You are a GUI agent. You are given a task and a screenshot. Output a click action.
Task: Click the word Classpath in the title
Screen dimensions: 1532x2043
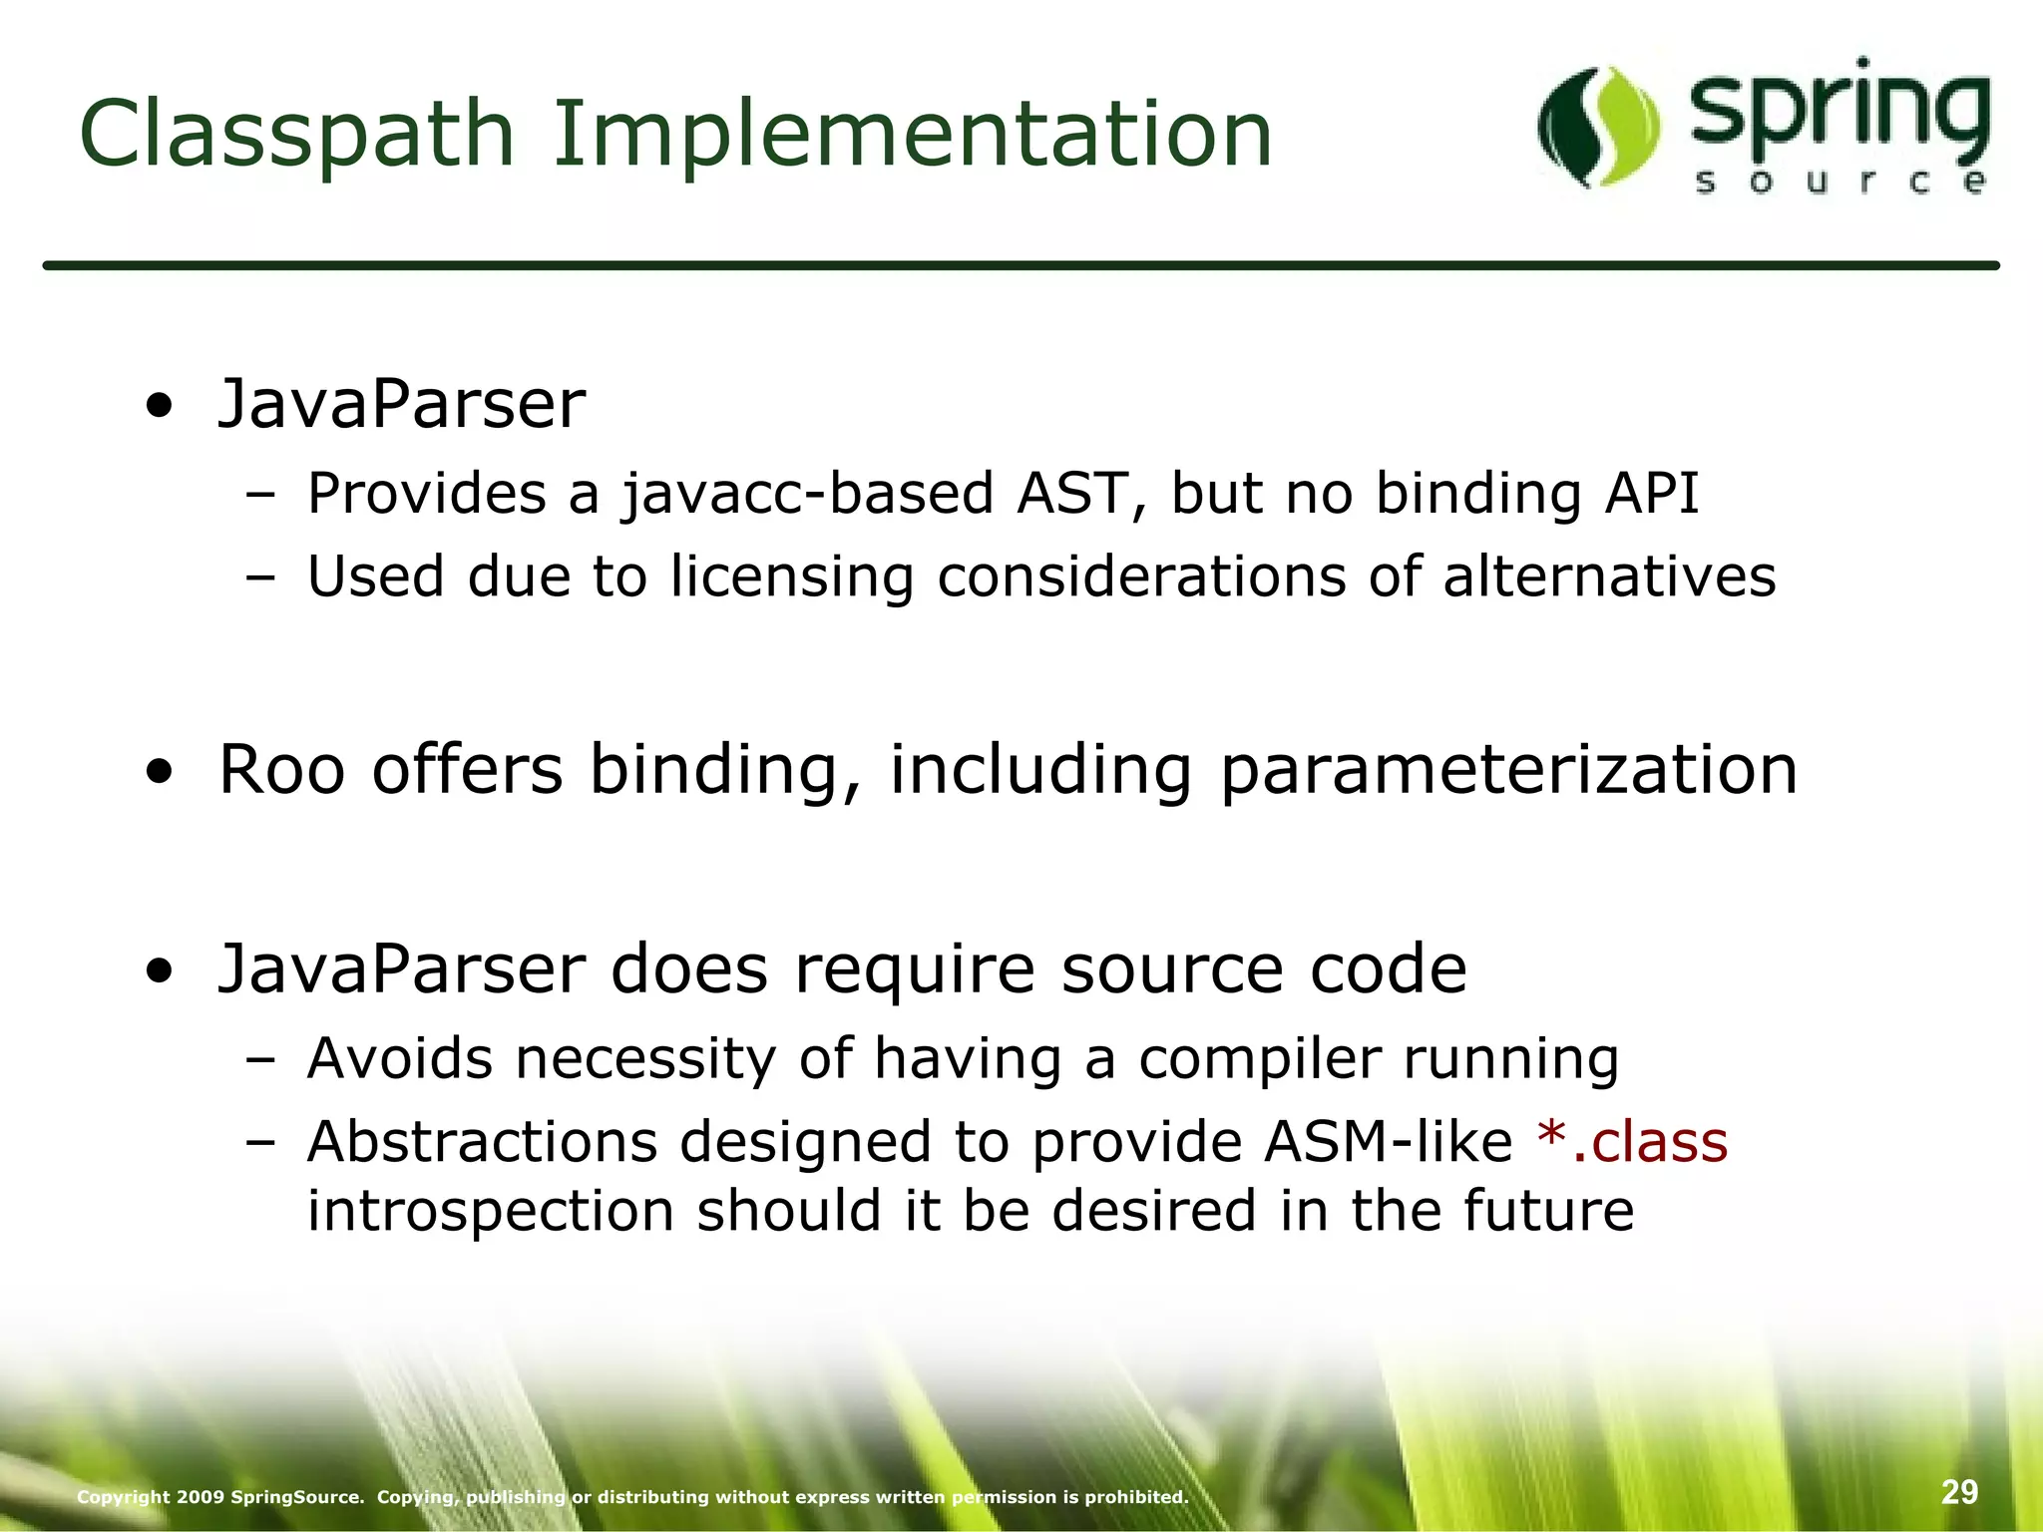pos(296,135)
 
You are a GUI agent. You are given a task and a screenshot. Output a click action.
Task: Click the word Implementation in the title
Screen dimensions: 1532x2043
pos(912,135)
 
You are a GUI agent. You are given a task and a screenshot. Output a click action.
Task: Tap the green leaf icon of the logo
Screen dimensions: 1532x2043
pos(1598,127)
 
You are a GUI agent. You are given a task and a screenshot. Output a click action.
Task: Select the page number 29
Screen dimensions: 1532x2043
pos(1959,1492)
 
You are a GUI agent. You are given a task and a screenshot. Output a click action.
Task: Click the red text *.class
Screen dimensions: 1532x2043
pos(1632,1142)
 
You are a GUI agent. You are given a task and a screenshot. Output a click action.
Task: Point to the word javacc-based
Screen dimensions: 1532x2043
pos(808,494)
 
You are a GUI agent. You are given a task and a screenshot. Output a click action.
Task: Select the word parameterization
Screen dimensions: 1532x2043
pos(1508,770)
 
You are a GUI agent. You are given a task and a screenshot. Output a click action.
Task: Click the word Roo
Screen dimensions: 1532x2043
pos(280,770)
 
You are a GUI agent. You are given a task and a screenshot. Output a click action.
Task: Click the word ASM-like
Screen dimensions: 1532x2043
pos(1388,1142)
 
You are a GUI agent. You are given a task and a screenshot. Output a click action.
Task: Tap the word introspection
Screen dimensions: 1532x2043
pos(491,1212)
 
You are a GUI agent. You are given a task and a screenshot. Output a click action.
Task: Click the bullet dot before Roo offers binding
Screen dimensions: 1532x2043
pos(158,773)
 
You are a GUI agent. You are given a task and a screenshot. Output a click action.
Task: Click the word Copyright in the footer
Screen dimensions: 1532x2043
pos(123,1497)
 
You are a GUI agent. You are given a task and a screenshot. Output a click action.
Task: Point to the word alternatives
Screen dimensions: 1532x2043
pos(1609,577)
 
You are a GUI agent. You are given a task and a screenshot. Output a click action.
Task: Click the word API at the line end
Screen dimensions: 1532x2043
pos(1651,494)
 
